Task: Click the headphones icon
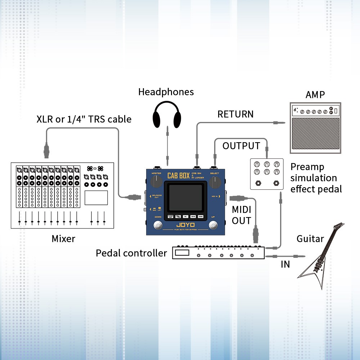pos(166,114)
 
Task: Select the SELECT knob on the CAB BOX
pos(215,183)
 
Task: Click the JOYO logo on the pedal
pos(186,226)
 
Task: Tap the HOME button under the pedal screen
pos(200,217)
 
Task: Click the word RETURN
pos(235,114)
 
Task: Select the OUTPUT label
pos(241,146)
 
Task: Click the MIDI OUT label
pos(241,215)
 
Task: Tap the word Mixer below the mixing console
pos(63,238)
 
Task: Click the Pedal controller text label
pos(131,253)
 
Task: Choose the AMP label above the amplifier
pos(315,95)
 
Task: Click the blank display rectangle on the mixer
pos(96,198)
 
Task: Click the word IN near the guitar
pos(285,264)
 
